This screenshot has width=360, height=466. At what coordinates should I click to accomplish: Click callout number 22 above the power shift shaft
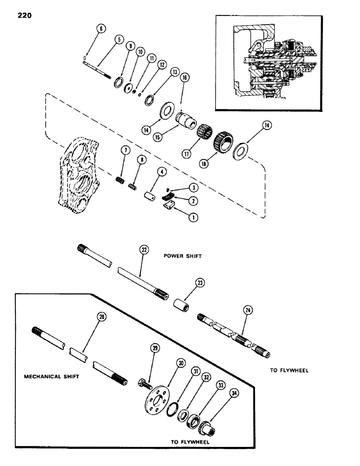tap(143, 250)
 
